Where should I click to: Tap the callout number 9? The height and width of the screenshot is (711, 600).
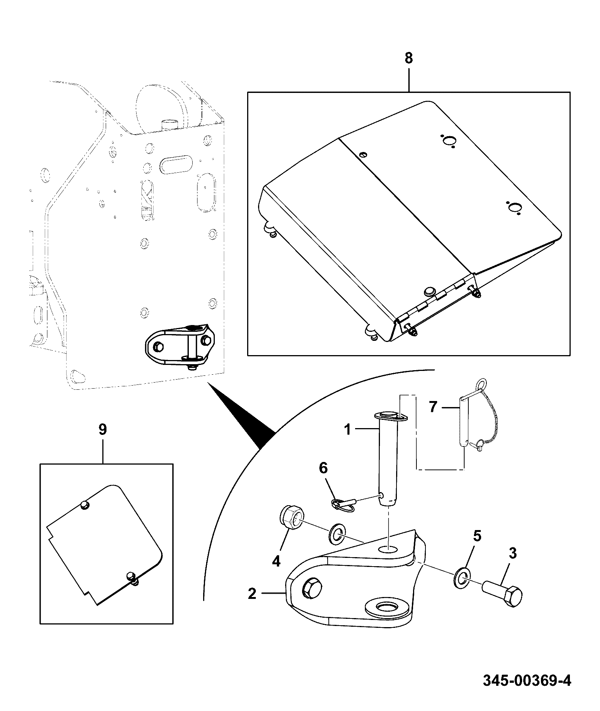[x=103, y=429]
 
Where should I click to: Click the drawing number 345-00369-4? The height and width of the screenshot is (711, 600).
[x=527, y=681]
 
